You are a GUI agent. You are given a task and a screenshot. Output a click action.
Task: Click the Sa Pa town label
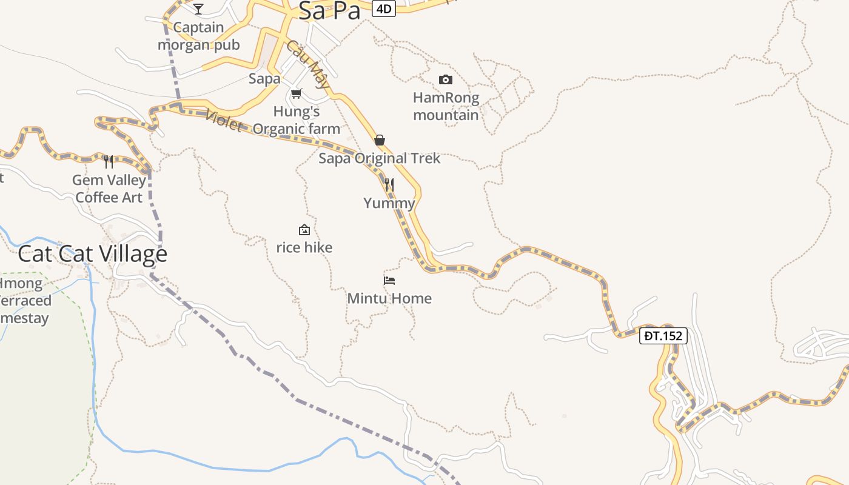click(x=329, y=10)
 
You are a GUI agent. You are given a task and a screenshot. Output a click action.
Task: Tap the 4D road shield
click(x=383, y=8)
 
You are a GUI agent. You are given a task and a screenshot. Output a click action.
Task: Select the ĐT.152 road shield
click(x=663, y=335)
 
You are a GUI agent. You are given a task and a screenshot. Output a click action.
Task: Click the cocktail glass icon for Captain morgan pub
click(x=198, y=8)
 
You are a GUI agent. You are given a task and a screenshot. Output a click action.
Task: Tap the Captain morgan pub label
click(x=199, y=36)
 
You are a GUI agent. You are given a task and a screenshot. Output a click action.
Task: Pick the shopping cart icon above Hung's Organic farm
click(x=296, y=93)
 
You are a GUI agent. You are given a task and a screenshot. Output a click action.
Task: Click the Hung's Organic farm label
click(x=297, y=120)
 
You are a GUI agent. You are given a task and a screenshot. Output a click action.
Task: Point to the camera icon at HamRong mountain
click(x=445, y=79)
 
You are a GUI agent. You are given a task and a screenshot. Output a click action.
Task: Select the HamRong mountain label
click(x=446, y=106)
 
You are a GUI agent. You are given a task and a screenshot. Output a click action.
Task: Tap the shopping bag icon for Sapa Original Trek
click(x=380, y=140)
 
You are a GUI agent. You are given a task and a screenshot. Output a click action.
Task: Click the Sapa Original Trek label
click(x=380, y=158)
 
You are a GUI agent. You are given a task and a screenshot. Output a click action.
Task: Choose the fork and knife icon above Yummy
click(x=389, y=184)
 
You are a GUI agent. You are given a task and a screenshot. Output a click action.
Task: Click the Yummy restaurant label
click(x=389, y=203)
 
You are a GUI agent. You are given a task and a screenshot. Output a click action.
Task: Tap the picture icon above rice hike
click(x=304, y=230)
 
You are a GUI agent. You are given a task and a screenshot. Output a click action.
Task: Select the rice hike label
click(x=304, y=247)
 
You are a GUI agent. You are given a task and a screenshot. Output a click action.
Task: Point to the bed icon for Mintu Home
click(x=389, y=280)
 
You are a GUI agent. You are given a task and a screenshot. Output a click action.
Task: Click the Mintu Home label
click(x=389, y=298)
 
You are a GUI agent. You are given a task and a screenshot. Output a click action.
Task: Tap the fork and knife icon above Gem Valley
click(x=109, y=161)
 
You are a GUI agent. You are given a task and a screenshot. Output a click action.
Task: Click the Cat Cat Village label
click(x=92, y=253)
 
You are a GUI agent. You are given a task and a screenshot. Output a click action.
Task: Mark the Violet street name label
click(x=224, y=121)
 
